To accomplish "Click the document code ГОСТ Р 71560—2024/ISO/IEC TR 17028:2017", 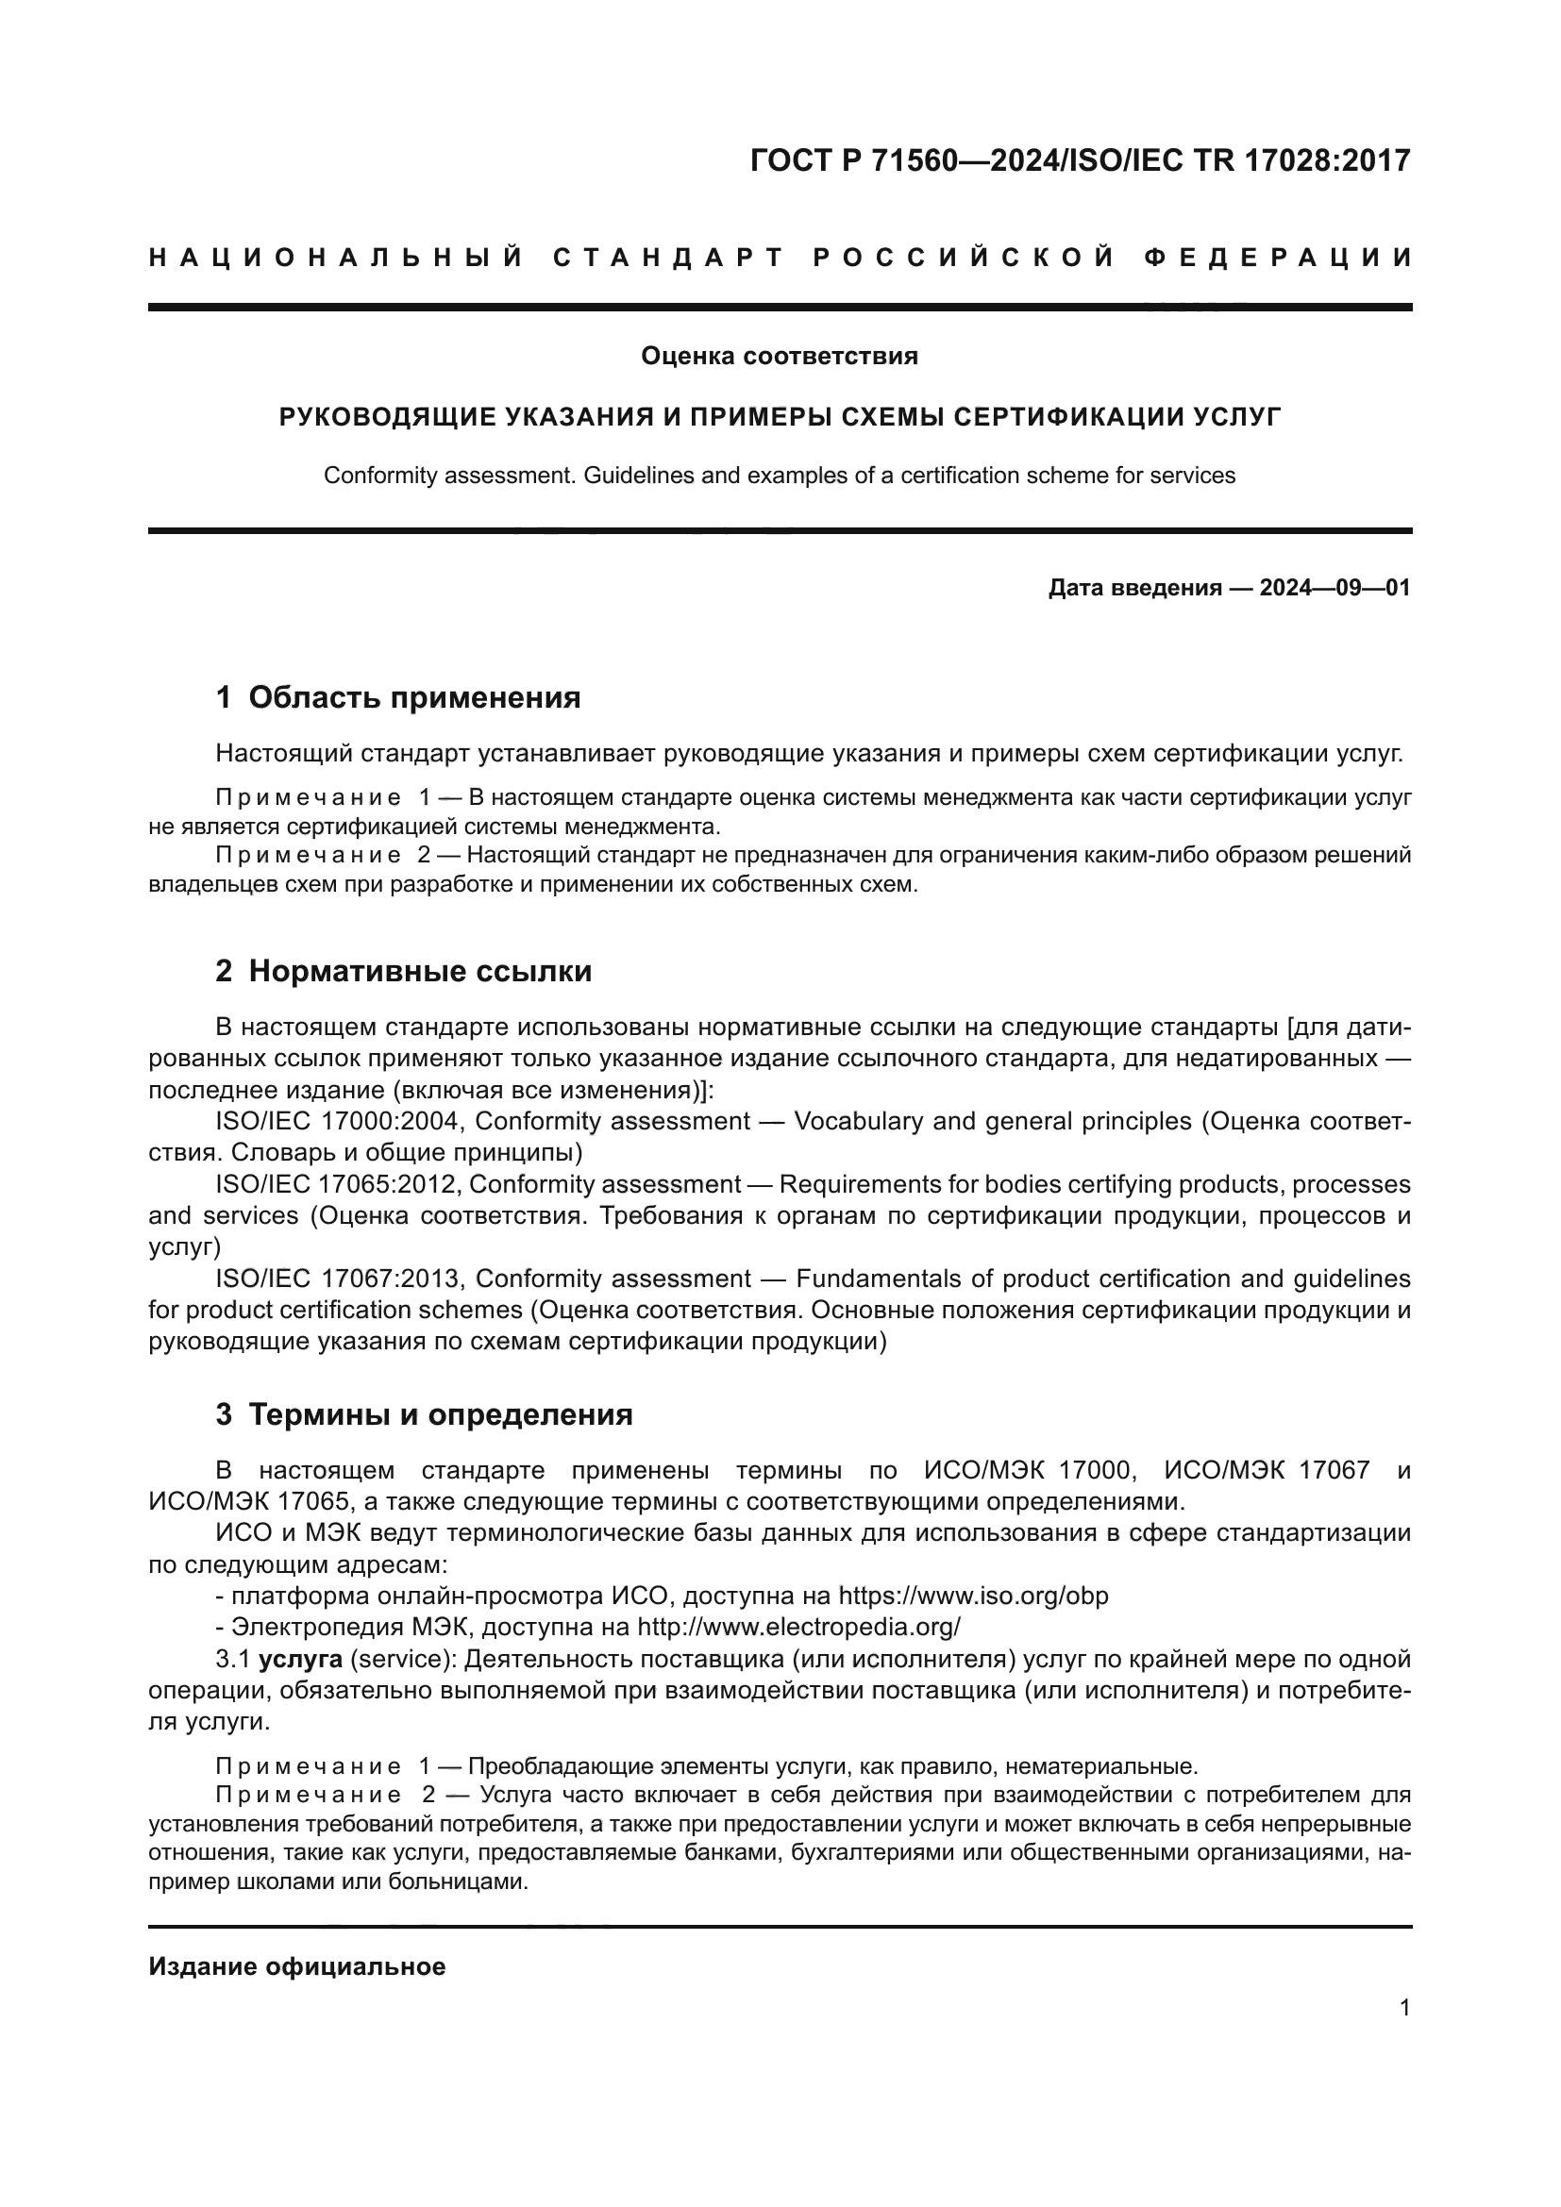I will pyautogui.click(x=1080, y=160).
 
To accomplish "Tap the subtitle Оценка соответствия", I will pyautogui.click(x=780, y=357).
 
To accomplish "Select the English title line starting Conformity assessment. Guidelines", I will pyautogui.click(x=780, y=475).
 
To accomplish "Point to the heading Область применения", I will pyautogui.click(x=414, y=698).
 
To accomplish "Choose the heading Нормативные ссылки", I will pyautogui.click(x=420, y=972).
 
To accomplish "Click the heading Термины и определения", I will pyautogui.click(x=440, y=1415).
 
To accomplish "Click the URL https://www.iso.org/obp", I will pyautogui.click(x=974, y=1596).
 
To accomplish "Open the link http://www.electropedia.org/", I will pyautogui.click(x=798, y=1628).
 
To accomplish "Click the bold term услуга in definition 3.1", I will pyautogui.click(x=301, y=1659).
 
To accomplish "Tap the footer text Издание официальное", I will pyautogui.click(x=297, y=1966).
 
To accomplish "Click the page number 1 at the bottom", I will pyautogui.click(x=1405, y=2008).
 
